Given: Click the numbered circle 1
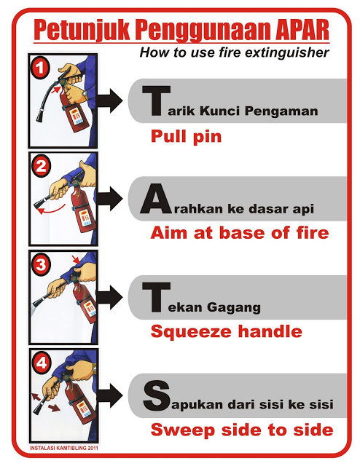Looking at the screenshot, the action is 39,68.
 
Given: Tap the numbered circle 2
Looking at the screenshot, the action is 41,166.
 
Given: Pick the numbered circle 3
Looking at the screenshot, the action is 41,264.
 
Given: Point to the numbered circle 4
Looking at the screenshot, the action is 42,363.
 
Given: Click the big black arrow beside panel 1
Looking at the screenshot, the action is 109,100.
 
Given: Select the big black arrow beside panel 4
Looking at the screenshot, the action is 109,395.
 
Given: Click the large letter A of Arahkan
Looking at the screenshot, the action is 156,199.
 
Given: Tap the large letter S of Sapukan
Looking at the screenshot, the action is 157,395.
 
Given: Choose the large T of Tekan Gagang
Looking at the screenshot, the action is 157,297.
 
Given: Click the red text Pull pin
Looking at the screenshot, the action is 187,137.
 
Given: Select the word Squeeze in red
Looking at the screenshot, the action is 191,332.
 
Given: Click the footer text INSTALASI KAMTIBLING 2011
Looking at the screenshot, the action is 63,448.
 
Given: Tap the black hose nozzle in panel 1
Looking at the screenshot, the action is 40,116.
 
